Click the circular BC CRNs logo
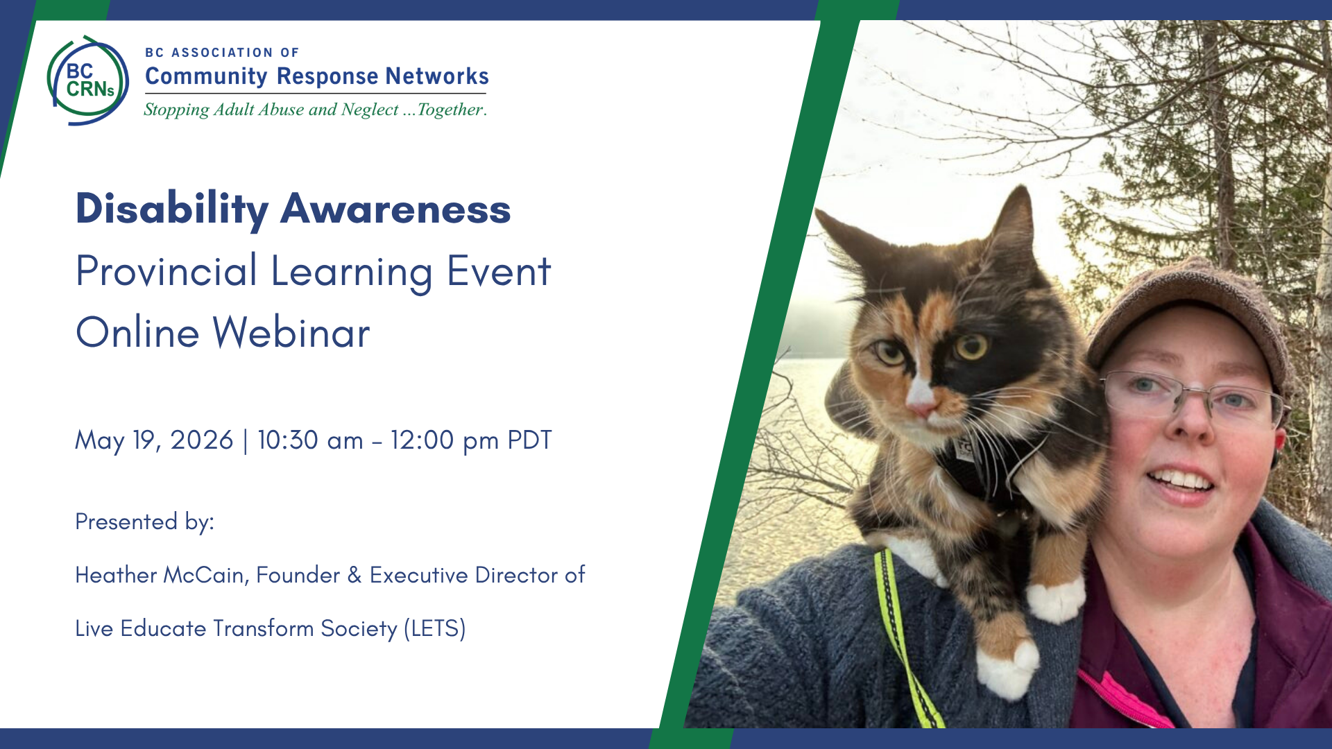88,80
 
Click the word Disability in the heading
172,209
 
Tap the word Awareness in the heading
395,209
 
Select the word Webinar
291,332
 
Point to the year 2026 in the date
202,440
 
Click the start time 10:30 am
310,440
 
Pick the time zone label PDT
529,440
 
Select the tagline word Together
452,110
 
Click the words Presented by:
144,522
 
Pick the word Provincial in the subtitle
166,271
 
